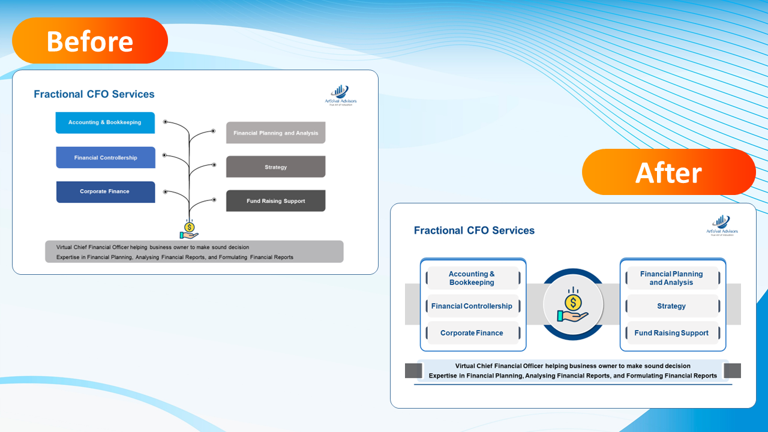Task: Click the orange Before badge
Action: point(90,41)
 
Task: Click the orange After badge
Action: point(668,172)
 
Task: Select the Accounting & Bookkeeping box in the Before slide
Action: point(105,122)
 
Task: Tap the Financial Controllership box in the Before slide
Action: point(106,158)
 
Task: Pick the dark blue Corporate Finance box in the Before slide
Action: point(106,192)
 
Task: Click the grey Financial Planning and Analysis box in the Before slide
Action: point(275,133)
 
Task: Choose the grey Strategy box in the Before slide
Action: point(275,167)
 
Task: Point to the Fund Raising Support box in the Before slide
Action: point(275,201)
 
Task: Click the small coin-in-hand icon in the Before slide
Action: point(190,230)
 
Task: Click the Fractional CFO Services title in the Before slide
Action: point(94,94)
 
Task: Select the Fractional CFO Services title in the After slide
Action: point(474,230)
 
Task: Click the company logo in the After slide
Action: point(722,226)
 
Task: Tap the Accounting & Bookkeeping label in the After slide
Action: point(472,278)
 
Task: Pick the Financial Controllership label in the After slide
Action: point(472,306)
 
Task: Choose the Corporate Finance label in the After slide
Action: point(472,333)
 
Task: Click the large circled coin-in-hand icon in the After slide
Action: point(573,305)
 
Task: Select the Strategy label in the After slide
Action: point(671,306)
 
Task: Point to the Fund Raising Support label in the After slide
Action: point(671,333)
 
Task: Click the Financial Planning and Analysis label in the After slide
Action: point(671,278)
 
